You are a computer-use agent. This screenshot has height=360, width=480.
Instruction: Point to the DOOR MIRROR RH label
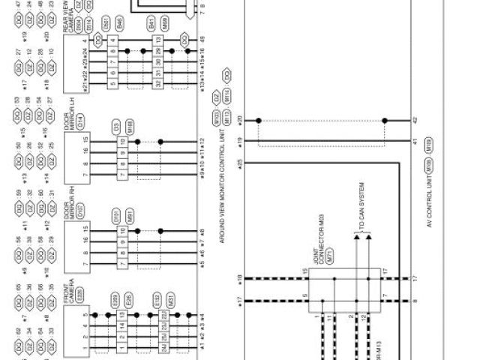click(x=71, y=202)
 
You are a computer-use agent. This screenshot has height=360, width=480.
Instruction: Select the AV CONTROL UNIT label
click(x=430, y=211)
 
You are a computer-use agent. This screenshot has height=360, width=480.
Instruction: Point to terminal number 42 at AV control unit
click(x=414, y=119)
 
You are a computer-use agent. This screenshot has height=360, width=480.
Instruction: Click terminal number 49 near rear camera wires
click(x=202, y=37)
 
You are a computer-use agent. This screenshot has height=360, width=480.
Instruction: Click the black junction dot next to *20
click(x=259, y=119)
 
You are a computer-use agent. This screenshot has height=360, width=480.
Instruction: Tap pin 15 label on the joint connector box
click(x=305, y=271)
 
